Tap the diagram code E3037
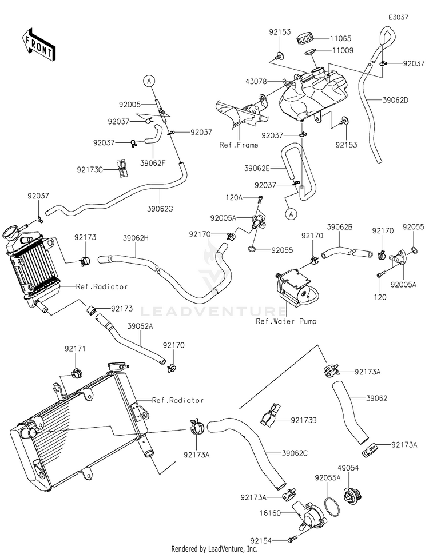[x=398, y=17]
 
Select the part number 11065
[x=341, y=38]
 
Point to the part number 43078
[x=256, y=82]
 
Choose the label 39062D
[x=395, y=100]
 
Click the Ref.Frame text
[x=239, y=145]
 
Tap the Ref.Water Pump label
[x=286, y=321]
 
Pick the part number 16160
[x=271, y=513]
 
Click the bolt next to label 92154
[x=293, y=539]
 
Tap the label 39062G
[x=160, y=209]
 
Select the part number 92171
[x=75, y=349]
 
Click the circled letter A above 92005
[x=149, y=81]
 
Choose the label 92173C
[x=90, y=170]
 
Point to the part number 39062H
[x=136, y=238]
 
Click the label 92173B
[x=304, y=420]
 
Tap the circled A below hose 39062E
[x=291, y=214]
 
